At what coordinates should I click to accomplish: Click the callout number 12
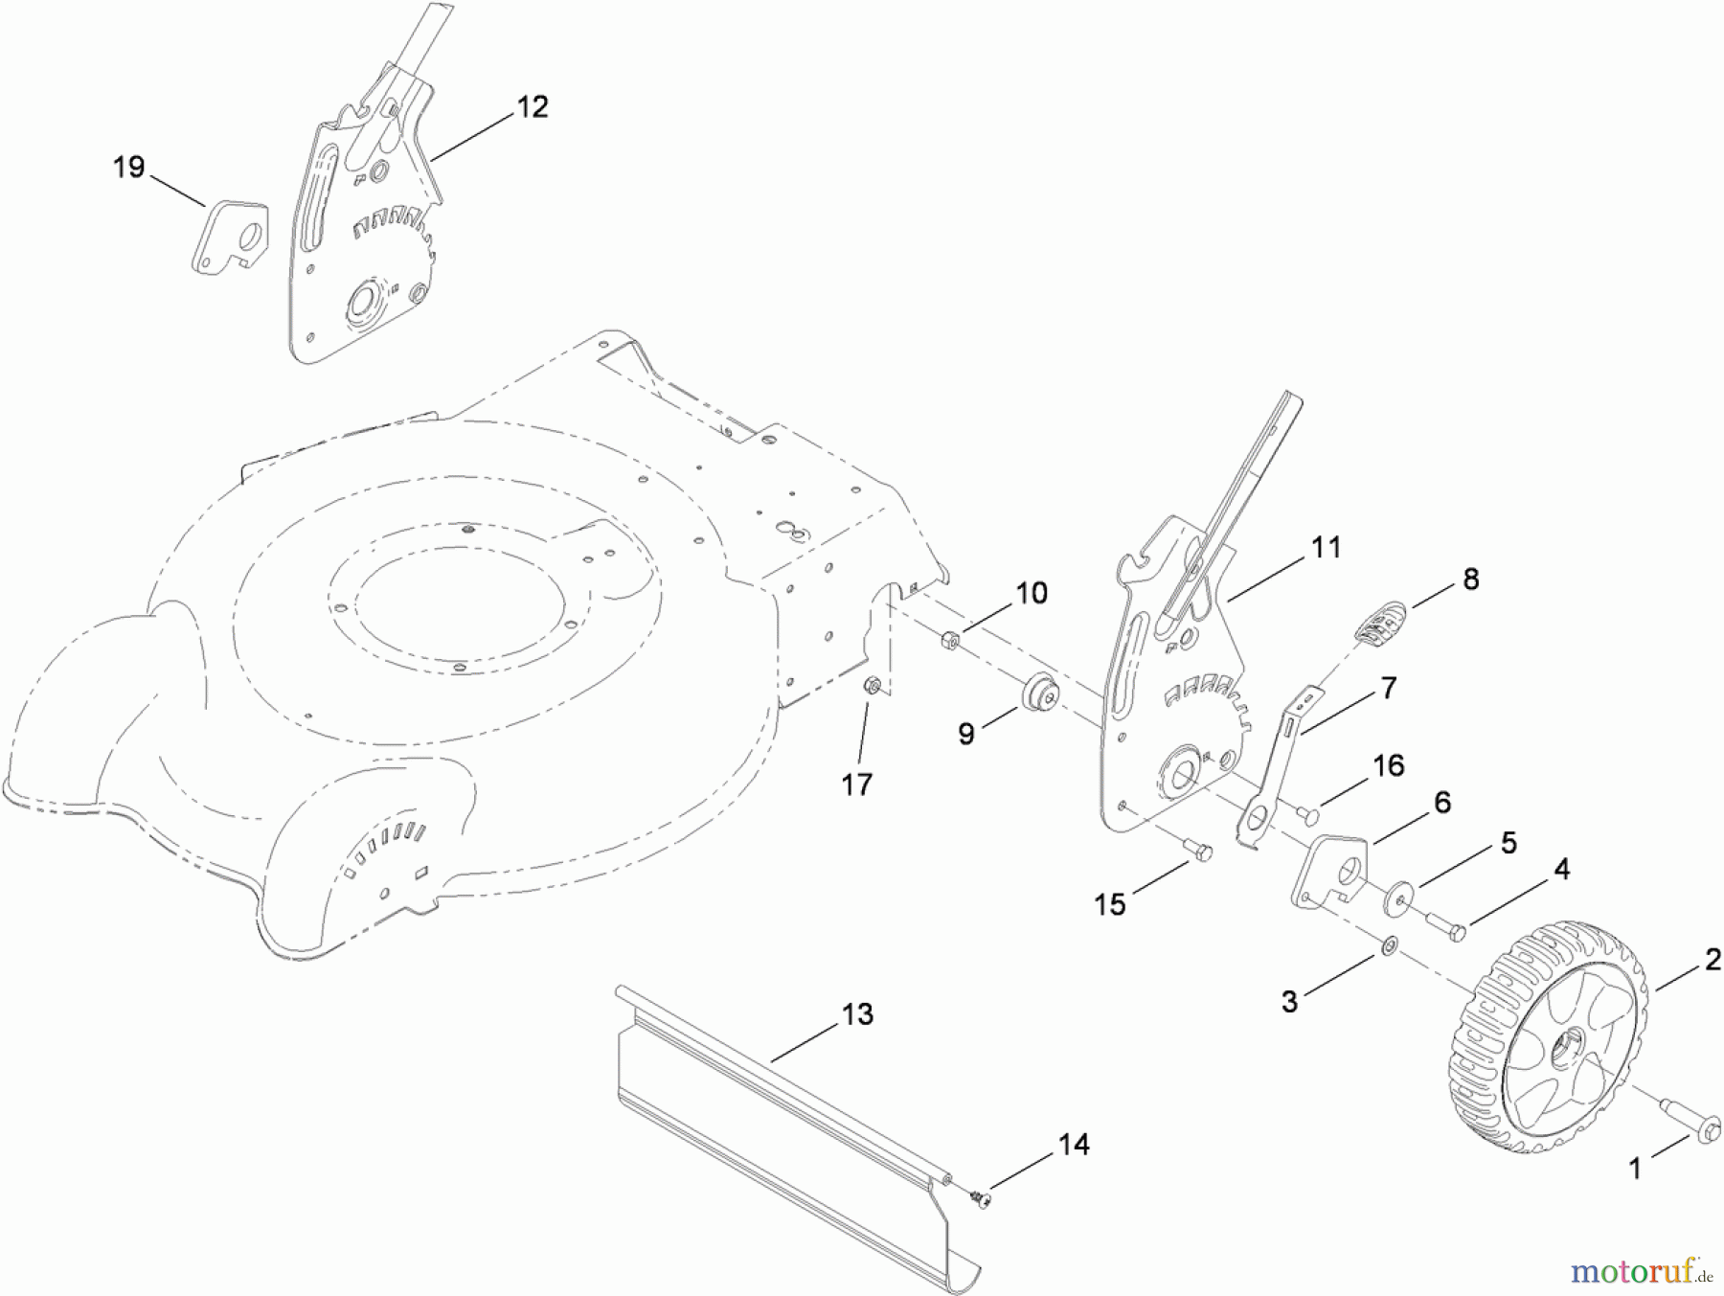tap(533, 106)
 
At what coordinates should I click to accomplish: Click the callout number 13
tap(857, 1013)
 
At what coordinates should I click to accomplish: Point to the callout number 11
tap(1327, 547)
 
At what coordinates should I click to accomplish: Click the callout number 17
tap(856, 784)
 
